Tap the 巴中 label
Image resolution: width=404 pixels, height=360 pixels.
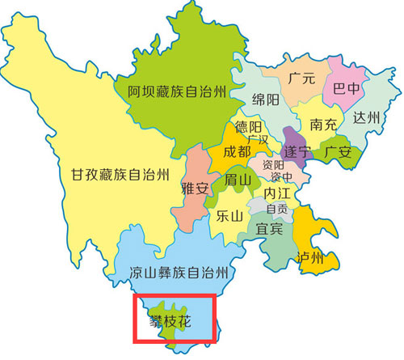(x=347, y=88)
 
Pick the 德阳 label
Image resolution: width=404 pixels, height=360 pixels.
(x=247, y=128)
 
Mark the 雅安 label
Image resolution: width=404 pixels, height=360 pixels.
(x=196, y=188)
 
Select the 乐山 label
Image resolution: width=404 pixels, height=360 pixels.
(x=230, y=216)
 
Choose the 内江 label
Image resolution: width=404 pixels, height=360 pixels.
(x=276, y=193)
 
